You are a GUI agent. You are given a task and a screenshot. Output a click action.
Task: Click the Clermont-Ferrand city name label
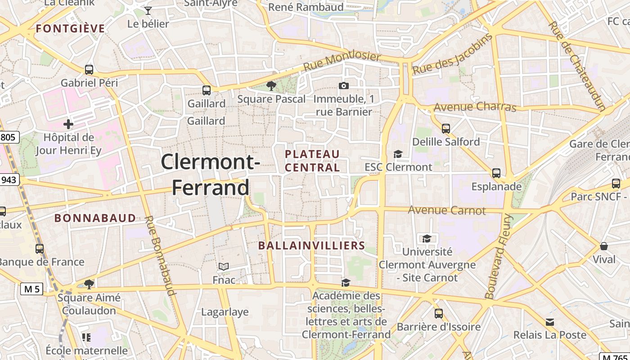pyautogui.click(x=210, y=174)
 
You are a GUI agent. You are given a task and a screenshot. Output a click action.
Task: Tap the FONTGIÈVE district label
pyautogui.click(x=70, y=29)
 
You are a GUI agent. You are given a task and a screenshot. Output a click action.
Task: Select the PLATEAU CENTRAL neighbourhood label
pyautogui.click(x=312, y=161)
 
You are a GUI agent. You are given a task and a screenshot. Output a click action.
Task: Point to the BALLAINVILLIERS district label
pyautogui.click(x=311, y=246)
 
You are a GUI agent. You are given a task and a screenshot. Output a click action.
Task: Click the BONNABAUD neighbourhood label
pyautogui.click(x=95, y=218)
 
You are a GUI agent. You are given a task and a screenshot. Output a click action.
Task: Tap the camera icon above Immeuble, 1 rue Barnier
pyautogui.click(x=343, y=86)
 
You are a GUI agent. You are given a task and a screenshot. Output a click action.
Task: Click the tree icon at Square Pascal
pyautogui.click(x=271, y=85)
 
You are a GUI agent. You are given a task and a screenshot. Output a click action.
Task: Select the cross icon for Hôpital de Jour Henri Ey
pyautogui.click(x=68, y=124)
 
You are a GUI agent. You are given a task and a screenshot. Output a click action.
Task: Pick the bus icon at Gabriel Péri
pyautogui.click(x=89, y=70)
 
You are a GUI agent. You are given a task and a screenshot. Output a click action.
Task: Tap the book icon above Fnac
pyautogui.click(x=224, y=266)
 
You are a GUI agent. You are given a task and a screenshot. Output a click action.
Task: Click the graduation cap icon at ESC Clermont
pyautogui.click(x=398, y=154)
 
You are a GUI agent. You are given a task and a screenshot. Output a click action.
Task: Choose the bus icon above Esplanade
pyautogui.click(x=496, y=173)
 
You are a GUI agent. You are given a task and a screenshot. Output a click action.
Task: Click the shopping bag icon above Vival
pyautogui.click(x=604, y=246)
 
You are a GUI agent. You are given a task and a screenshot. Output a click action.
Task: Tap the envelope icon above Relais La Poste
pyautogui.click(x=550, y=322)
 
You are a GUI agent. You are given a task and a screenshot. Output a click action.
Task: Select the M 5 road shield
pyautogui.click(x=31, y=289)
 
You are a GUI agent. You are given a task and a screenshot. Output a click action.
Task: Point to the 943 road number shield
pyautogui.click(x=9, y=180)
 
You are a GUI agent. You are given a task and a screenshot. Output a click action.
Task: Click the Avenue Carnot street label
pyautogui.click(x=447, y=210)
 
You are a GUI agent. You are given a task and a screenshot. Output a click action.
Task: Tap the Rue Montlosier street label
pyautogui.click(x=342, y=62)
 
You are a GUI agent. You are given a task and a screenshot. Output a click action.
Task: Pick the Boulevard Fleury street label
pyautogui.click(x=499, y=256)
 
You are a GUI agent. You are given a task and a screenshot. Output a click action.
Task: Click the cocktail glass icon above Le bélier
pyautogui.click(x=148, y=10)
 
